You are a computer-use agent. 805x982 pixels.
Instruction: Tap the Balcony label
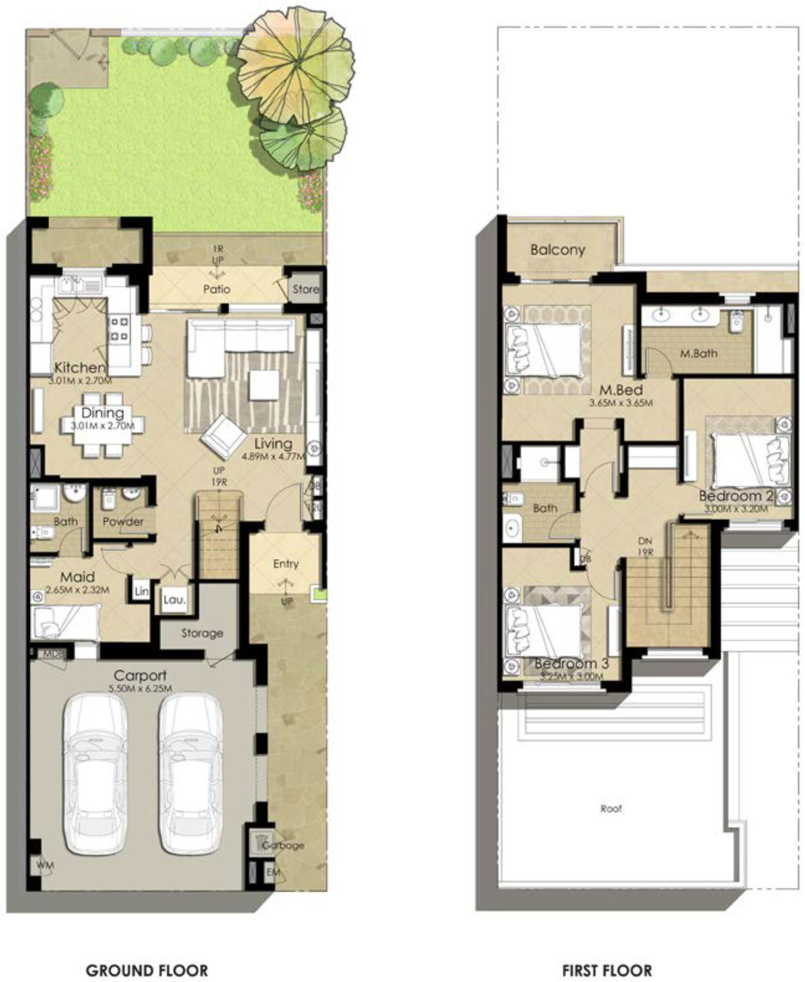tap(558, 250)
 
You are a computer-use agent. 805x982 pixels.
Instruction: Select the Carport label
tap(140, 675)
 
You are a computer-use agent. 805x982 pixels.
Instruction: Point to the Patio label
tap(217, 289)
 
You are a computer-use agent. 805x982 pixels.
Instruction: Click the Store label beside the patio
tap(306, 289)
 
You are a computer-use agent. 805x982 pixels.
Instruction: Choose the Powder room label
tap(123, 521)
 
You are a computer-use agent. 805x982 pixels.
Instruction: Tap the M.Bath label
tap(699, 354)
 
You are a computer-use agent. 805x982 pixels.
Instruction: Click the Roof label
tap(611, 809)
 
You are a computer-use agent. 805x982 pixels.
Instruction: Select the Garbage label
tap(283, 845)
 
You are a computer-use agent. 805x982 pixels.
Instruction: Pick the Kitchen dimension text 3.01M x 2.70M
tap(80, 381)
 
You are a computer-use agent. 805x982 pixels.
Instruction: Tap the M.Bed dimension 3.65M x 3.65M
tap(621, 403)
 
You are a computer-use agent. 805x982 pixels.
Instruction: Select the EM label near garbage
tap(273, 872)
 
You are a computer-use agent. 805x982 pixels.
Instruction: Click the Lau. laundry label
tap(174, 599)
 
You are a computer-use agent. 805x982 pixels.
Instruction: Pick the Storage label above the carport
tap(202, 633)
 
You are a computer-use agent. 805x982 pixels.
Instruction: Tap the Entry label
tap(285, 563)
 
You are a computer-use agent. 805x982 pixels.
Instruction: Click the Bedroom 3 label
tap(571, 663)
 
